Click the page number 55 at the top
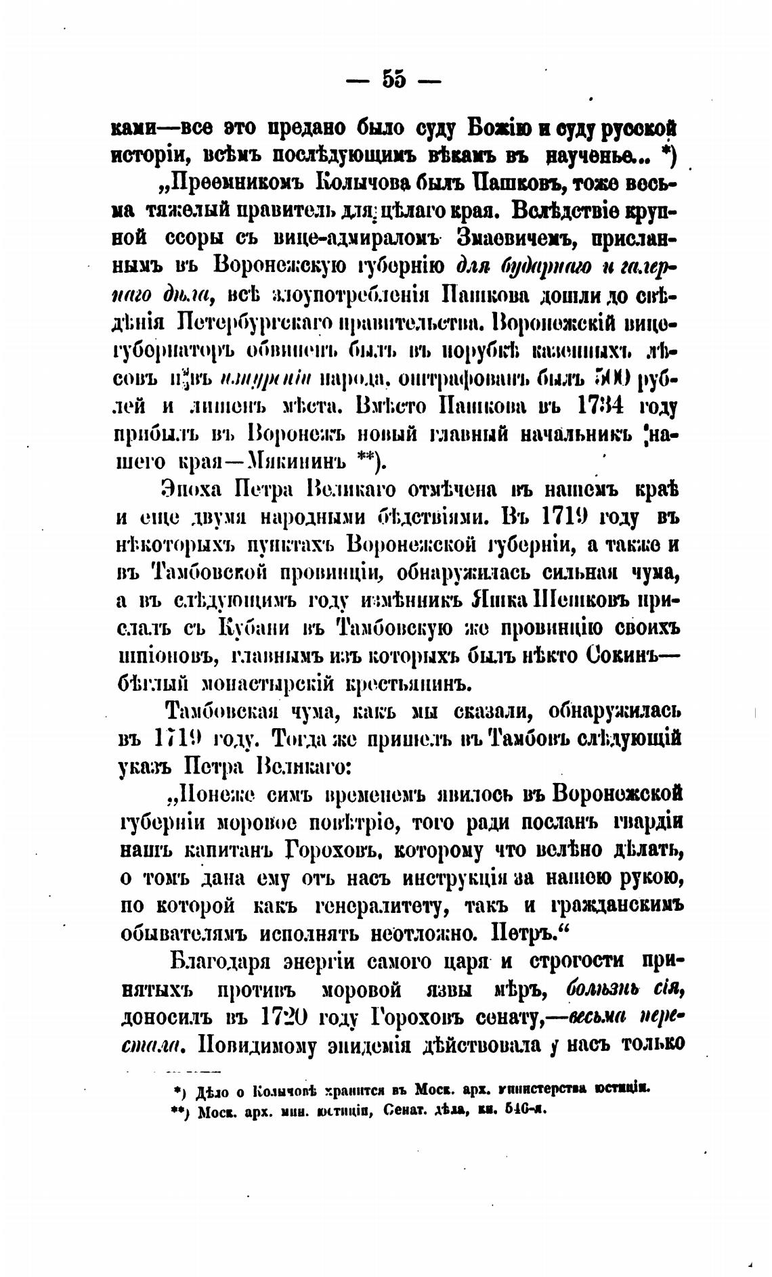click(x=393, y=81)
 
